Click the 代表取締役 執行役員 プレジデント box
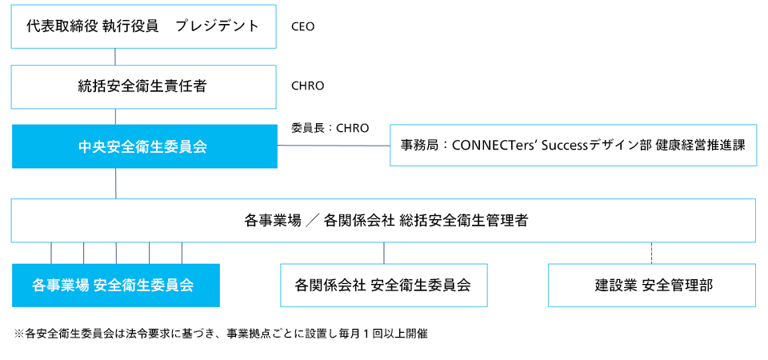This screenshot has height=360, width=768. coord(143,26)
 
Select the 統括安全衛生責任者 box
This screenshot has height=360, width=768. coord(143,86)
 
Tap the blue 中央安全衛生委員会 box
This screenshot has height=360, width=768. coord(144,146)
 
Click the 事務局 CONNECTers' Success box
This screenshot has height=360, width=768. coord(573,146)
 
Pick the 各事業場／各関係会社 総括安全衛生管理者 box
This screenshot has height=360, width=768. coord(383,220)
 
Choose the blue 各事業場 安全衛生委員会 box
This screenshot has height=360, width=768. coord(115,285)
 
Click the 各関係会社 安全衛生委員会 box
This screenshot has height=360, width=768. coord(383,285)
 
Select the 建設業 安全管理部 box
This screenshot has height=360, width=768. coord(652,285)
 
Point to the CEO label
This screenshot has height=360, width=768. coord(303,26)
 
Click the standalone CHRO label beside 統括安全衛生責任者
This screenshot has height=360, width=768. coord(307,86)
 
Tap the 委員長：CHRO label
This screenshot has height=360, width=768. coord(330,126)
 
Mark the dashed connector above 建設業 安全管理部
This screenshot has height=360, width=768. coord(652,253)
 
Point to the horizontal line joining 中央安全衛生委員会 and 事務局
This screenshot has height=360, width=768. coord(334,146)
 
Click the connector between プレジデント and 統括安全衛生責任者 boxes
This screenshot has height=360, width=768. coord(116,56)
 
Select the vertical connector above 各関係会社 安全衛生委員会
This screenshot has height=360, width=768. coord(384,253)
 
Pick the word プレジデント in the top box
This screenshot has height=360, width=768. coord(218,26)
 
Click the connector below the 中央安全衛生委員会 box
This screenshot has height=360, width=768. coord(116,183)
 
